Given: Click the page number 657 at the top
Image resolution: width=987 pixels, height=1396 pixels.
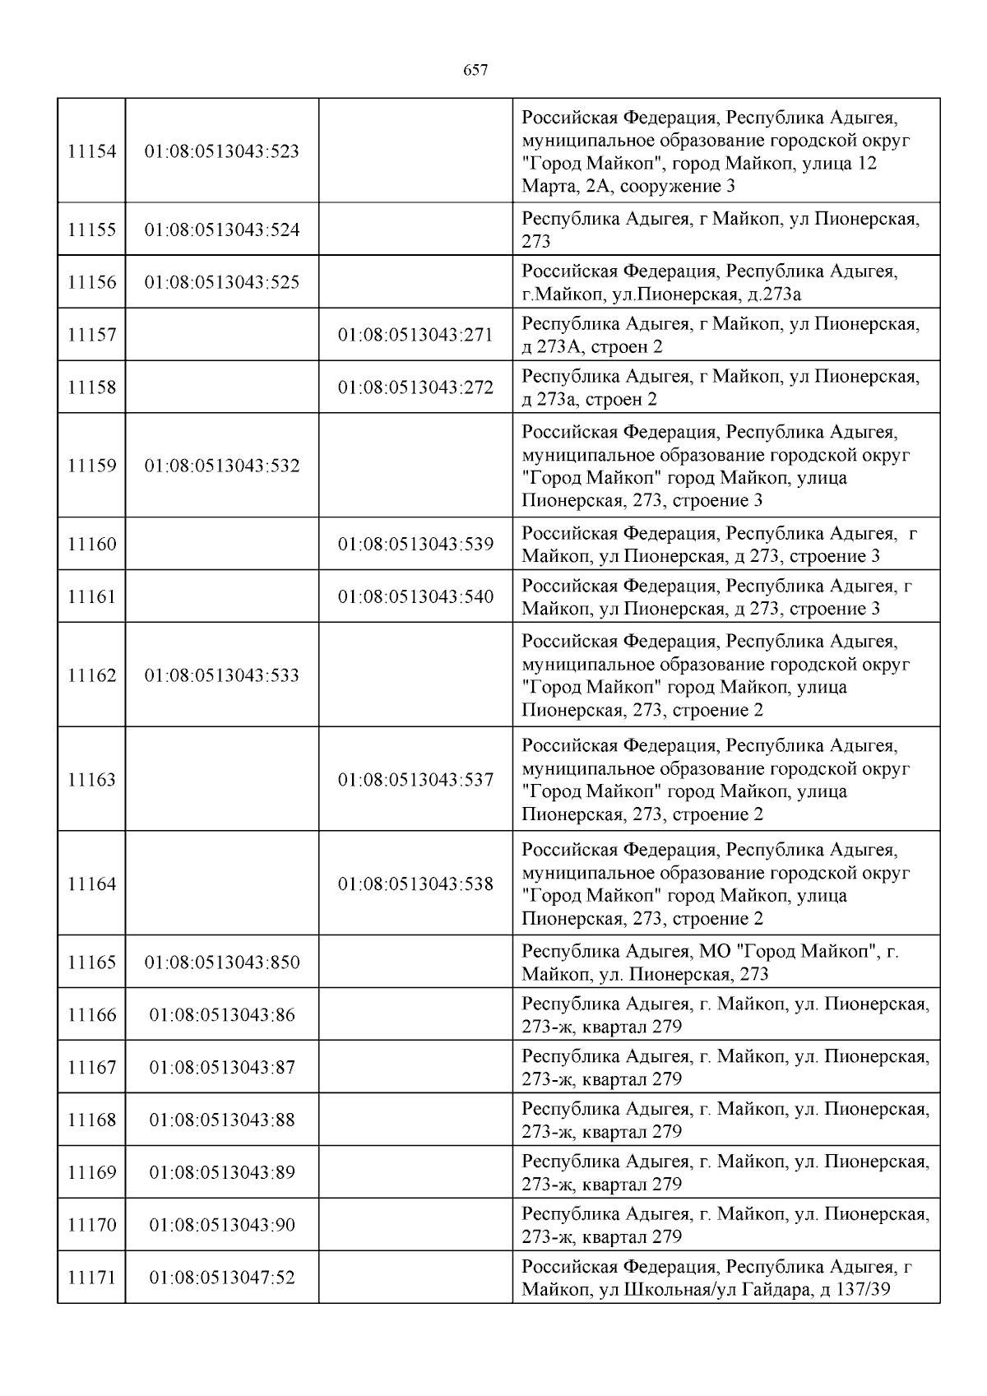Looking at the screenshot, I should click(476, 71).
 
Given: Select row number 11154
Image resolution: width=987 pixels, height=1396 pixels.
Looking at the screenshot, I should click(91, 151).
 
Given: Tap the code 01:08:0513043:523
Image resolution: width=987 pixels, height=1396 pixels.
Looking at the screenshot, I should click(222, 151).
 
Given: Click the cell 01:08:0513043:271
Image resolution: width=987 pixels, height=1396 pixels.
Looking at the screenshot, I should click(415, 335).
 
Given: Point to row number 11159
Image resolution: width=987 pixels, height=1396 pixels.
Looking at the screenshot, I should click(91, 466).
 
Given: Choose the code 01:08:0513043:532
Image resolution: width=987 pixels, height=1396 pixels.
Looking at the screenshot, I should click(222, 466).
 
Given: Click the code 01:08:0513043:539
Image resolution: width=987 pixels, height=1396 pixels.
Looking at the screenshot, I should click(415, 544).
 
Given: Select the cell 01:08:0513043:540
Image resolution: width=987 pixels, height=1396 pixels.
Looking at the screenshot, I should click(415, 596).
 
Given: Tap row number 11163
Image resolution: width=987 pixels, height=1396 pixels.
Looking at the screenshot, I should click(91, 780).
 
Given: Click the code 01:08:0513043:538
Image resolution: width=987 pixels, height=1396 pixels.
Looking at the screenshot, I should click(415, 884).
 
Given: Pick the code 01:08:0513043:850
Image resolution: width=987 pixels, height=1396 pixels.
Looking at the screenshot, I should click(222, 962).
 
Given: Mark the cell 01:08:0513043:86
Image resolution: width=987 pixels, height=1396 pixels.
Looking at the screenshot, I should click(222, 1015).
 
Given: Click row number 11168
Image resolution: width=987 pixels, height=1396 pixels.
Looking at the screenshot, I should click(91, 1120).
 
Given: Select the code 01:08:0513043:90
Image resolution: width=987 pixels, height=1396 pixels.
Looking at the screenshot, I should click(222, 1225).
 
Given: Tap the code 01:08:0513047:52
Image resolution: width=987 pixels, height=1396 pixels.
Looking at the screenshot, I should click(222, 1278).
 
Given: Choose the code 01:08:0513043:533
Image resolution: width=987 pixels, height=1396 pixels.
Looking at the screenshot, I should click(222, 675).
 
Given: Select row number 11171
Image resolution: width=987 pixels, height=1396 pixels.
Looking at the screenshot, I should click(91, 1278).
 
